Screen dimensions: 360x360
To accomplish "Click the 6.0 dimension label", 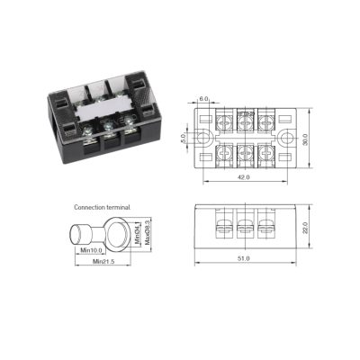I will (203, 99).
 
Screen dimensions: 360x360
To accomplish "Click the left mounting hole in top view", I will (204, 138).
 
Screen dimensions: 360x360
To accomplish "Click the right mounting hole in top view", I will (287, 138).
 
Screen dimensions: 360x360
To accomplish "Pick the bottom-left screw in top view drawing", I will (225, 153).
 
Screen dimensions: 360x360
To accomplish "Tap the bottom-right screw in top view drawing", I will (266, 153).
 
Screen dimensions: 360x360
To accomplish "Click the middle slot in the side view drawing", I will (246, 226).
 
